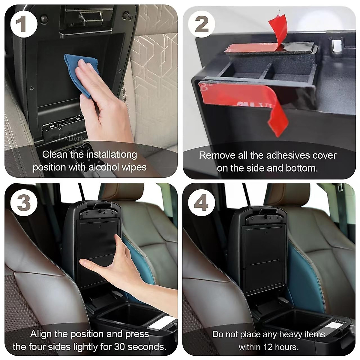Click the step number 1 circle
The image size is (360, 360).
[x=24, y=24]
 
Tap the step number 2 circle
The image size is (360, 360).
[x=202, y=24]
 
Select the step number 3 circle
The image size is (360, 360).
[x=24, y=203]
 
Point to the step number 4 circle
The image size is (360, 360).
[x=201, y=203]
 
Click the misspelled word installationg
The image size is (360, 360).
[x=112, y=154]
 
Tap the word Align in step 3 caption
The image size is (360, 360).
[x=41, y=334]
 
